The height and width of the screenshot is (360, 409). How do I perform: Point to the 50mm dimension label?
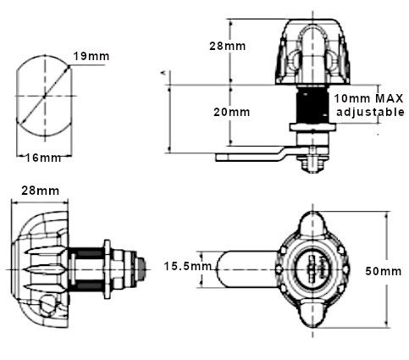(x=390, y=271)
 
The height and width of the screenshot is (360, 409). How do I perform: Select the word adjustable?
(x=370, y=112)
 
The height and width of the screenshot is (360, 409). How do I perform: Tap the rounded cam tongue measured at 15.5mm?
(x=237, y=269)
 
